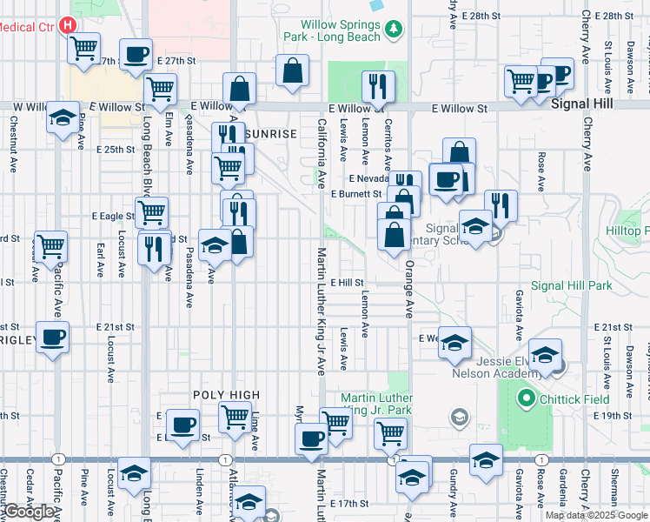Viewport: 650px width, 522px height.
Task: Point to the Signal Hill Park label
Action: (x=571, y=284)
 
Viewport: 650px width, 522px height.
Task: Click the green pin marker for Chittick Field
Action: (x=525, y=400)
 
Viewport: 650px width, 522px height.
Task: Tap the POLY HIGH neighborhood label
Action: (x=226, y=395)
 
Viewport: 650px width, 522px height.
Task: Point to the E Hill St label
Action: (x=346, y=283)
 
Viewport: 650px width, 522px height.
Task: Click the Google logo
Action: (x=29, y=512)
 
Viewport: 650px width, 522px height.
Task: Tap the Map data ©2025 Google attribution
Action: (x=596, y=515)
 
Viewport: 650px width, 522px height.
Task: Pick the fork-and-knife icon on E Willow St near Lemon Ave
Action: (x=377, y=85)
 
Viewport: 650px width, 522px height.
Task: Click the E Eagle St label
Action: (x=112, y=215)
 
